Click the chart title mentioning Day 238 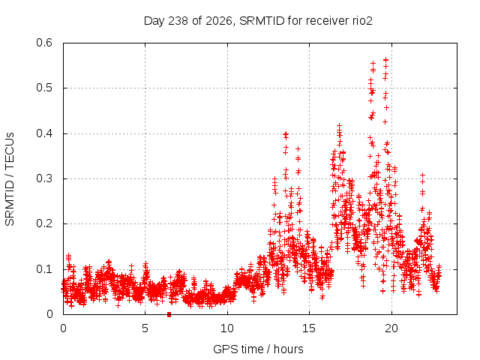pyautogui.click(x=258, y=21)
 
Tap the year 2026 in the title pyautogui.click(x=218, y=21)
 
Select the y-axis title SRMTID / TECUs pyautogui.click(x=10, y=179)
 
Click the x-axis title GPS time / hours pyautogui.click(x=258, y=349)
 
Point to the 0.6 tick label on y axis pyautogui.click(x=44, y=43)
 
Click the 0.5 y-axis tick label pyautogui.click(x=44, y=88)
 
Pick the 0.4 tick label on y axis pyautogui.click(x=44, y=133)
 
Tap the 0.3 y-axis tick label pyautogui.click(x=44, y=178)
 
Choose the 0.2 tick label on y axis pyautogui.click(x=44, y=223)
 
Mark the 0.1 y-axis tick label pyautogui.click(x=44, y=269)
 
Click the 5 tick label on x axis pyautogui.click(x=145, y=328)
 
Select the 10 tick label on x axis pyautogui.click(x=227, y=328)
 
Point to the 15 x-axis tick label pyautogui.click(x=309, y=328)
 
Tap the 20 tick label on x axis pyautogui.click(x=391, y=328)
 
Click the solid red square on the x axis pyautogui.click(x=169, y=314)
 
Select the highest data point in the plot pyautogui.click(x=386, y=60)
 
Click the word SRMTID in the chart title pyautogui.click(x=262, y=21)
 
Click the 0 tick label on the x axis pyautogui.click(x=63, y=328)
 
